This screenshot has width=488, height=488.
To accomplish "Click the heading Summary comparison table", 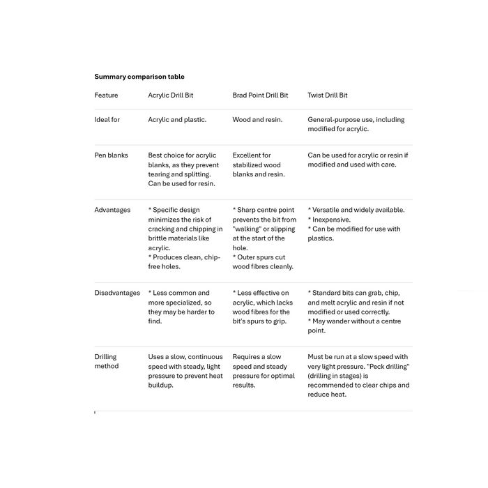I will [x=139, y=77].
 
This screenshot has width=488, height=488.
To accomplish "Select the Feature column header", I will [x=106, y=96].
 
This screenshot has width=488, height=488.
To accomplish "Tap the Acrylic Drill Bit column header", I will [x=171, y=96].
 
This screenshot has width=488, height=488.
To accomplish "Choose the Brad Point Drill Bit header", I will [x=260, y=96].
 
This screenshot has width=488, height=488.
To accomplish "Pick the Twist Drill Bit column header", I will [x=328, y=96].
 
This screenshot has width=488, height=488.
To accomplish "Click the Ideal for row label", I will [x=107, y=120].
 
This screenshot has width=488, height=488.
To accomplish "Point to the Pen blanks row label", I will [x=111, y=155].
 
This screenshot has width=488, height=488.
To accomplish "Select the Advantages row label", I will [x=112, y=210].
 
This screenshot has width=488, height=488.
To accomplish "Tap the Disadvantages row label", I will [x=117, y=293].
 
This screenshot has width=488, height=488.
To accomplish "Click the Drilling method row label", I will [x=106, y=361].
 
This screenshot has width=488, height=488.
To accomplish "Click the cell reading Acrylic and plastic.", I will [x=177, y=120].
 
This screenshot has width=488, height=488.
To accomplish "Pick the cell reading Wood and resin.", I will [x=257, y=120].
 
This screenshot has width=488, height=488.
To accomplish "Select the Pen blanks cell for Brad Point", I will [x=259, y=165].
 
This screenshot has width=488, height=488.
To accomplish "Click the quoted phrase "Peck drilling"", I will [x=388, y=366].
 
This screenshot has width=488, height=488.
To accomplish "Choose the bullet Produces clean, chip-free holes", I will [x=184, y=261].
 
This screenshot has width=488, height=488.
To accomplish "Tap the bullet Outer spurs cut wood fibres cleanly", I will [x=263, y=261].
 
